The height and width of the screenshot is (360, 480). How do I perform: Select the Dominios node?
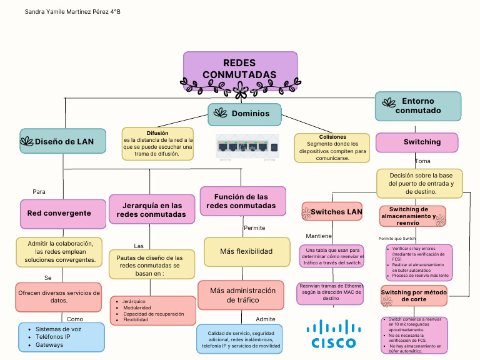point(244,113)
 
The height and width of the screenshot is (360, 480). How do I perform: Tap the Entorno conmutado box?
point(417,106)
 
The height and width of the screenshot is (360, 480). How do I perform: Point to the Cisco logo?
point(333,334)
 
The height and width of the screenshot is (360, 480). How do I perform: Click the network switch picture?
point(245,147)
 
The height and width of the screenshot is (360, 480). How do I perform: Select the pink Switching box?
point(416,142)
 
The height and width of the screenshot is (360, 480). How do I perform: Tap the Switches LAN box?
point(332,212)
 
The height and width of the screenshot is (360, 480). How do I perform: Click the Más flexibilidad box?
point(246,251)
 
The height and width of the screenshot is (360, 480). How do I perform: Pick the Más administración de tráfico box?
point(242,295)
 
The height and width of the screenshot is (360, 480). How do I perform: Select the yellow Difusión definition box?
point(157,144)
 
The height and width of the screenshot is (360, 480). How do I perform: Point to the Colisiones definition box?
point(332,147)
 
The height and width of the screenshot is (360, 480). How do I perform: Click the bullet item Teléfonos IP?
point(52,337)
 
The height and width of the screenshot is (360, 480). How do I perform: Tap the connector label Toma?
point(422,161)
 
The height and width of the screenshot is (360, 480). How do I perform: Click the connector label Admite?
point(265,319)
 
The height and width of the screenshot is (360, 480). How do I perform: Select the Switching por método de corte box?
point(414,296)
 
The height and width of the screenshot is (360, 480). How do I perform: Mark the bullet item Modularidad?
point(137,307)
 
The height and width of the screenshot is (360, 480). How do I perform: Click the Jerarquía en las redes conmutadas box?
point(152,209)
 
